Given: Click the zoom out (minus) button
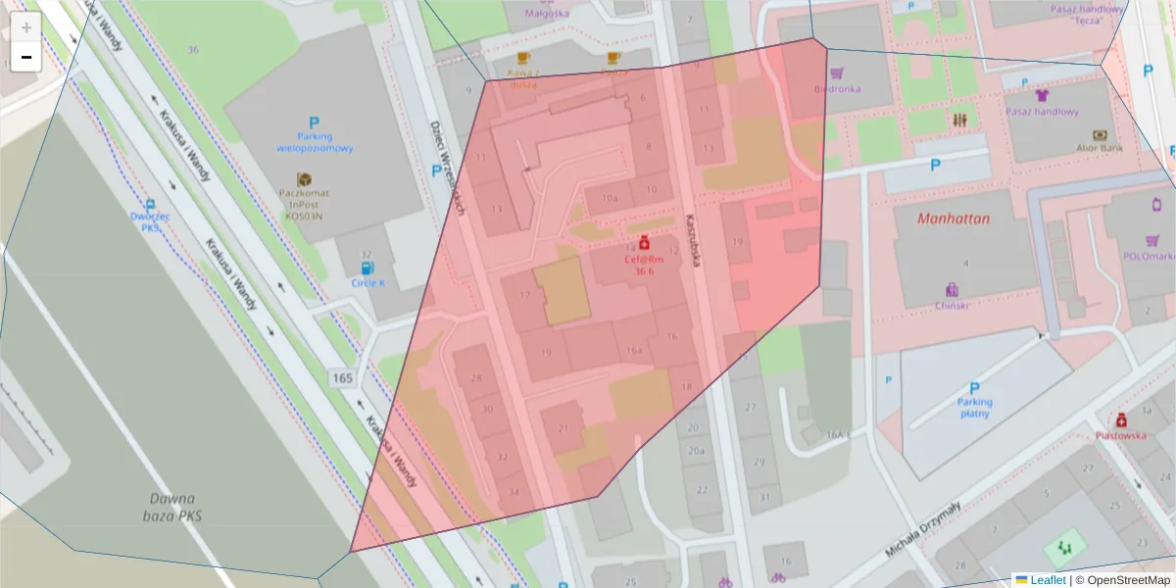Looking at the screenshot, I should (x=25, y=57).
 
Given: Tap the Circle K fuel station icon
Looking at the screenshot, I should (x=367, y=267).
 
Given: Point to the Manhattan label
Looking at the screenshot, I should (x=954, y=220).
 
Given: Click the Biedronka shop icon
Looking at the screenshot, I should (x=837, y=73).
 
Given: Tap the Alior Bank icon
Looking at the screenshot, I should (x=1100, y=135).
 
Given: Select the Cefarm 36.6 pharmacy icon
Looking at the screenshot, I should (x=644, y=241).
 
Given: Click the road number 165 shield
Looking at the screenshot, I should (x=342, y=378).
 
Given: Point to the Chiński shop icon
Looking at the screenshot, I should (x=952, y=290).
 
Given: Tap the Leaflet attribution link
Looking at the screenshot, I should (x=1047, y=580).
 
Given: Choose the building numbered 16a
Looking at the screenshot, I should (x=633, y=350).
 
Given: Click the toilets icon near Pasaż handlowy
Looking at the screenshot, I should (x=959, y=119).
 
